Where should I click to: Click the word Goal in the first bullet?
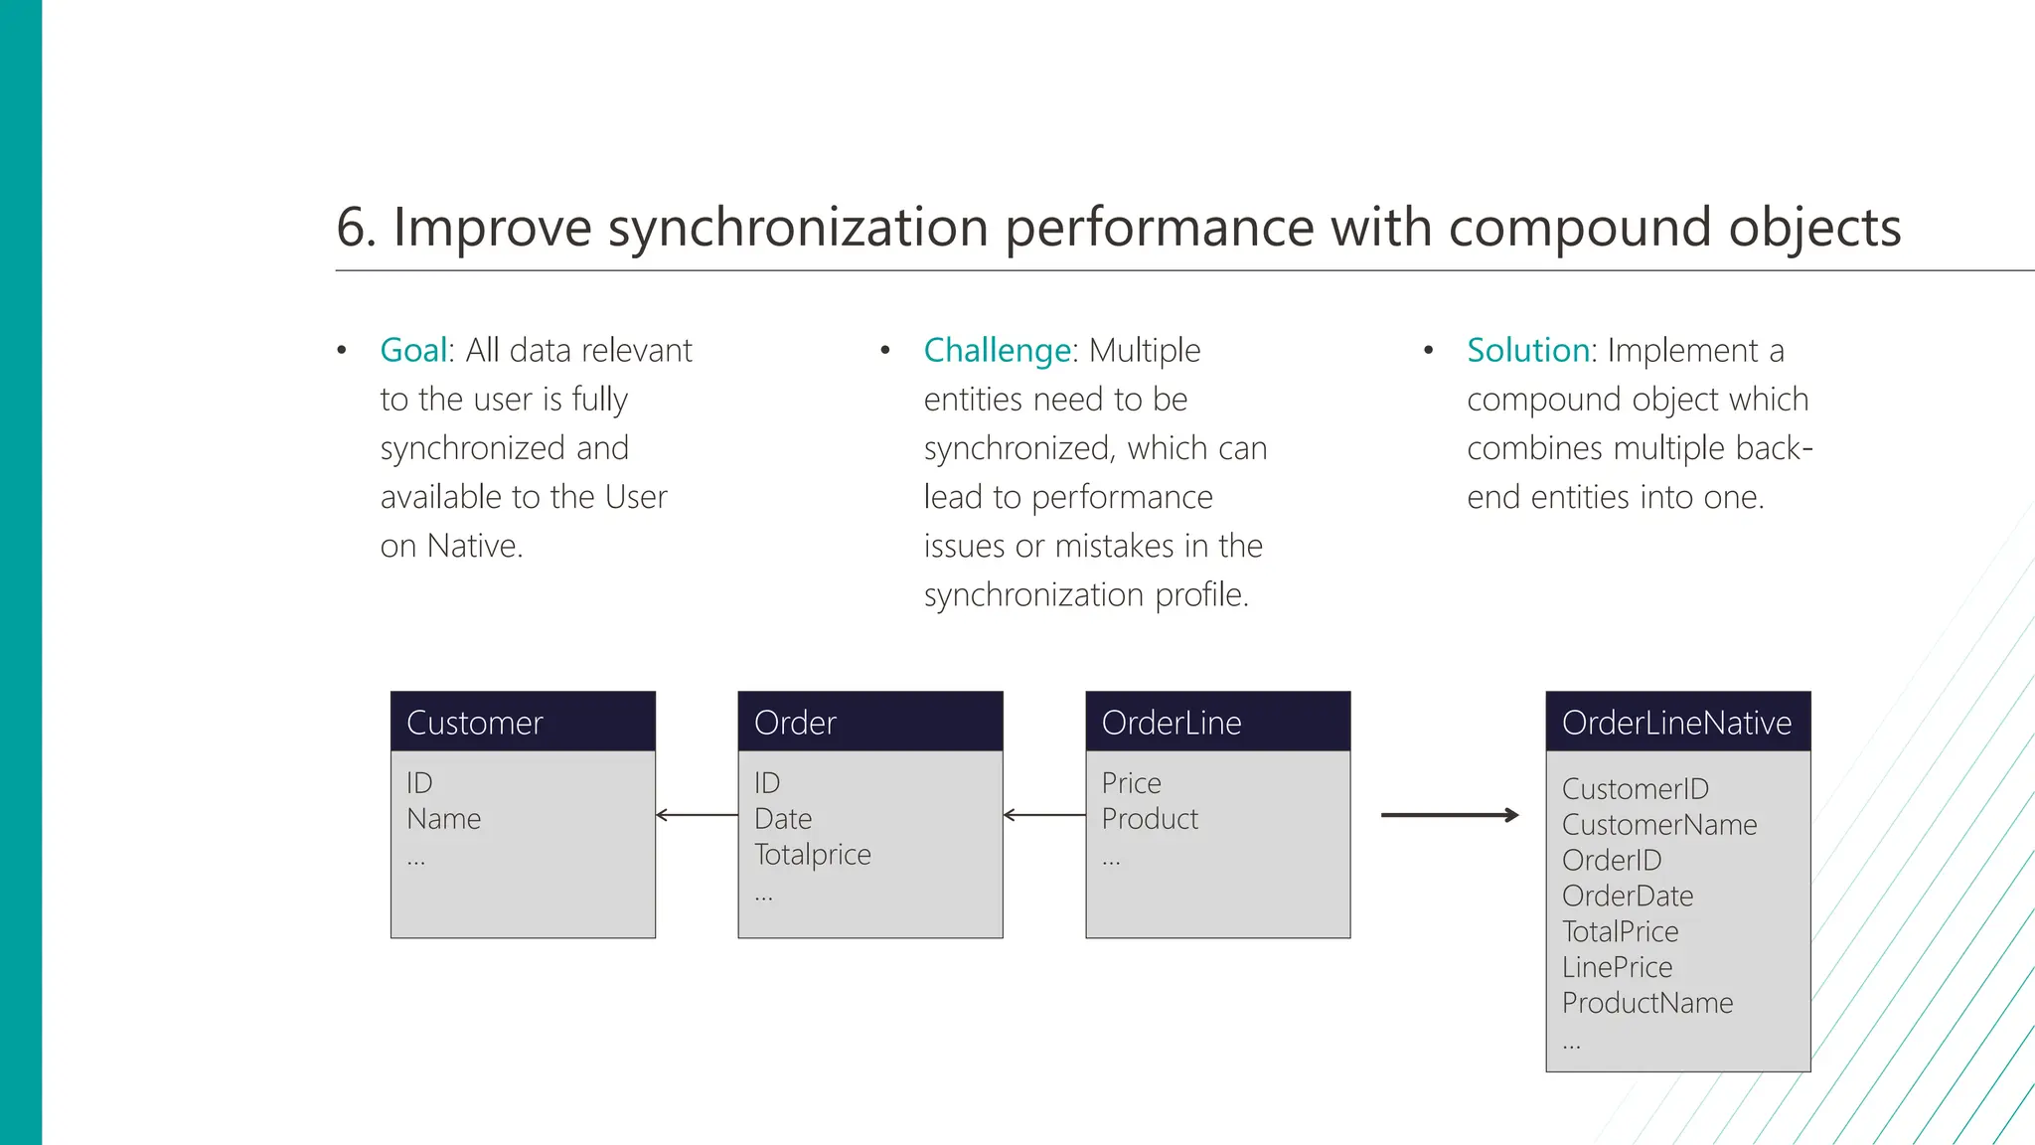tap(413, 351)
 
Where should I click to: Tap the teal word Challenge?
tap(997, 351)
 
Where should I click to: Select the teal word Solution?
tap(1527, 351)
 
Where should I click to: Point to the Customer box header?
tap(523, 723)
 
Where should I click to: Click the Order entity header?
tap(869, 723)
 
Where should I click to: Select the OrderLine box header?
tap(1217, 723)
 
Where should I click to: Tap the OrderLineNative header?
tap(1677, 723)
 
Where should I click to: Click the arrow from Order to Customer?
tap(697, 815)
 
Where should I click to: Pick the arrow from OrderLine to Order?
tap(1043, 815)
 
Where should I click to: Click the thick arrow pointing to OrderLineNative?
tap(1450, 815)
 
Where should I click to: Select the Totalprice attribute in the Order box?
tap(812, 855)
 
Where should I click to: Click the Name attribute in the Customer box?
tap(443, 819)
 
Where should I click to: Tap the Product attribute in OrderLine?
tap(1150, 819)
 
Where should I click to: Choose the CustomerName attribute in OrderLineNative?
tap(1658, 825)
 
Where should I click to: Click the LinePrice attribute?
tap(1617, 967)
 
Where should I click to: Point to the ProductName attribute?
tap(1646, 1003)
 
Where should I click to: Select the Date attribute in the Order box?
tap(783, 819)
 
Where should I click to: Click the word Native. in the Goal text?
tap(474, 547)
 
